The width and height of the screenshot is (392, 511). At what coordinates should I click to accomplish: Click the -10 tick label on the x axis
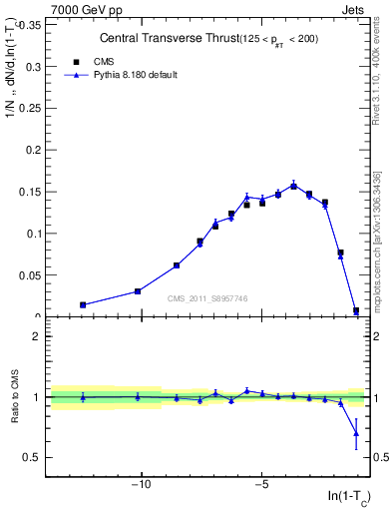(141, 486)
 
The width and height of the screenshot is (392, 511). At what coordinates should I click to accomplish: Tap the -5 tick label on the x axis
(261, 486)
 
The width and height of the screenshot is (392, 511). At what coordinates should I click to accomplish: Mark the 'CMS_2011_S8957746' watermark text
(207, 298)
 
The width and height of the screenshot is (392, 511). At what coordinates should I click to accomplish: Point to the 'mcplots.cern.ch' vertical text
(379, 269)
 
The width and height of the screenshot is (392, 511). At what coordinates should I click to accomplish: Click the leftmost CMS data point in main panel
(83, 304)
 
